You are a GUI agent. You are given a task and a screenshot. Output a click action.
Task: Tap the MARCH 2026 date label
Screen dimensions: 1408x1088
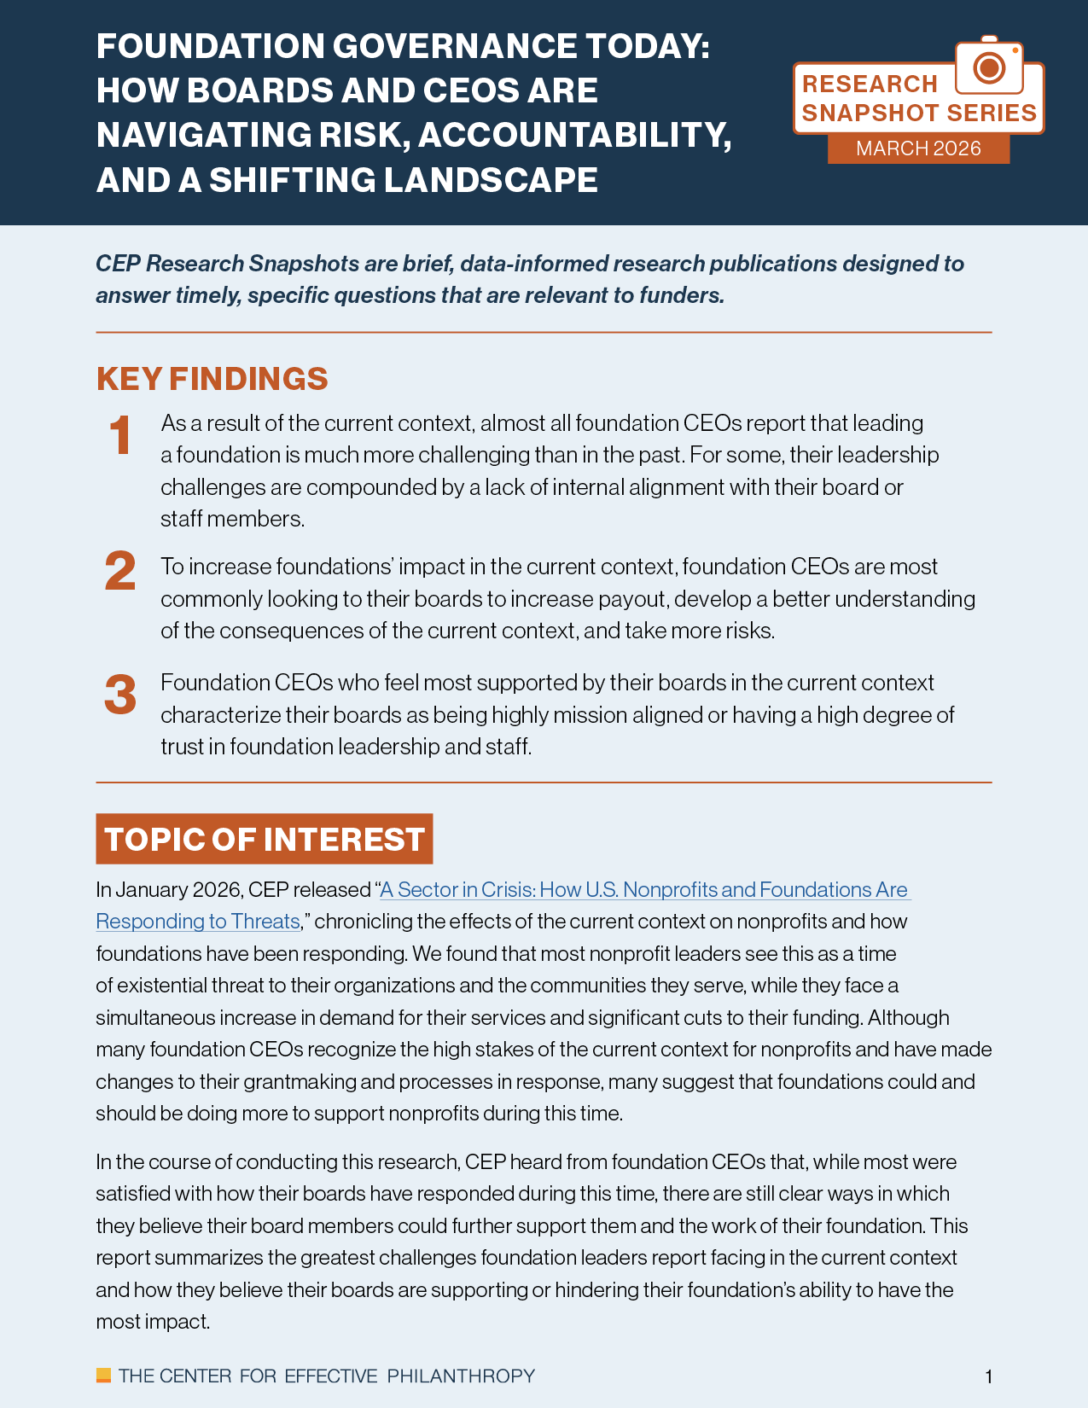coord(918,148)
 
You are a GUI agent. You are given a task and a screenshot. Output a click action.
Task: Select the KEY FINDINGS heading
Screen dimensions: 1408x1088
coord(212,379)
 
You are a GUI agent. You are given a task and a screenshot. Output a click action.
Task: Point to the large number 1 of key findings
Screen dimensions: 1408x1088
coord(121,436)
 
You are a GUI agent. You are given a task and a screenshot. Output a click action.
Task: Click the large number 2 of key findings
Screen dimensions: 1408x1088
coord(120,572)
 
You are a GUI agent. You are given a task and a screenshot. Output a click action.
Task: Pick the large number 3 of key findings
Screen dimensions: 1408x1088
coord(120,695)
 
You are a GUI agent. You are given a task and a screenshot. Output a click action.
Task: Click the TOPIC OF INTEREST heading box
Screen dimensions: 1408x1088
coord(265,839)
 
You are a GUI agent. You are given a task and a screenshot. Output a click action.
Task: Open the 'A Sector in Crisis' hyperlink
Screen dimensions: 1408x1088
coord(644,890)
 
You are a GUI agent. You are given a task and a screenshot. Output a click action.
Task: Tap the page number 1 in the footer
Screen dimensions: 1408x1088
coord(988,1376)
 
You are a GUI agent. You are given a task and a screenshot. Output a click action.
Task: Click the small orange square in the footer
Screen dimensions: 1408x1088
coord(103,1375)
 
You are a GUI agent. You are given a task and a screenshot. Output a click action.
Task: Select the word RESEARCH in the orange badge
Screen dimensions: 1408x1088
coord(870,84)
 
